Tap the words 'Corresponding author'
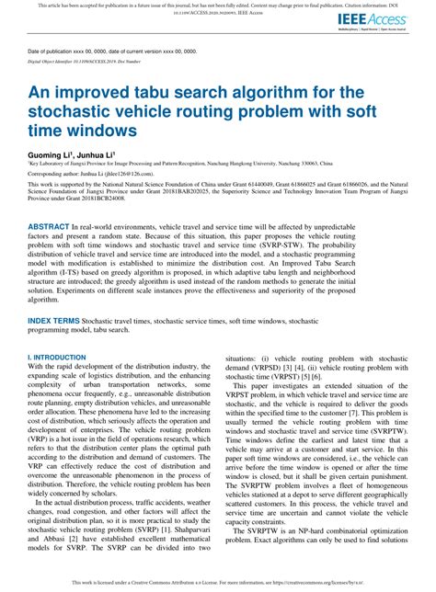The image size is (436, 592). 61,172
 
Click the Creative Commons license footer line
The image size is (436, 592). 218,583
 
